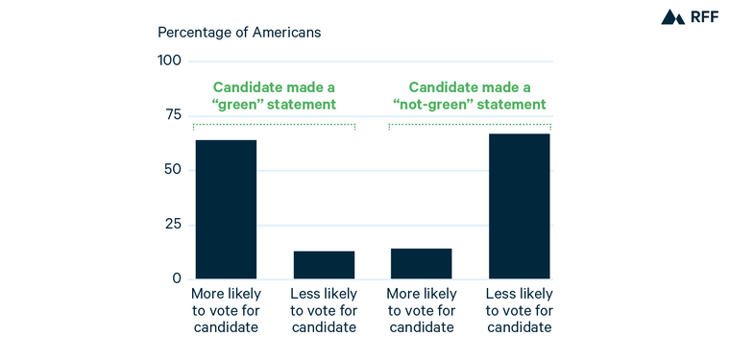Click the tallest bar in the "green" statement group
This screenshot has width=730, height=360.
[226, 209]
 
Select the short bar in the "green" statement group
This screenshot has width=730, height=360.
[324, 265]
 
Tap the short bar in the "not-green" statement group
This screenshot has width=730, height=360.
[421, 264]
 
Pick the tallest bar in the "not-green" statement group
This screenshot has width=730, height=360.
[519, 206]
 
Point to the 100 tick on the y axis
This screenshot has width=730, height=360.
[169, 61]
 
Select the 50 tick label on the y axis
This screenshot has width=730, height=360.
[172, 170]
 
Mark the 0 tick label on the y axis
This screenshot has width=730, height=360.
[177, 278]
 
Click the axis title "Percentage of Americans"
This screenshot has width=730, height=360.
[239, 32]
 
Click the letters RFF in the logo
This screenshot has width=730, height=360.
[703, 17]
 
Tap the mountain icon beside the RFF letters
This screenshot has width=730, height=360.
[672, 17]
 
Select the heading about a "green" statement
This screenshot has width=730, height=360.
[274, 95]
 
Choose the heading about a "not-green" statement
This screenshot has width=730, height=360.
[470, 95]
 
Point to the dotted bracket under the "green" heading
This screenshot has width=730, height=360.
[274, 125]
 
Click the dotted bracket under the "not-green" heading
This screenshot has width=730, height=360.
[470, 125]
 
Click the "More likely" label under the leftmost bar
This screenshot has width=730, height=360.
[226, 310]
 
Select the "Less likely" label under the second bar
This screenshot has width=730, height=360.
[324, 310]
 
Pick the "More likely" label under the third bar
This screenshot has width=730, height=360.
[421, 310]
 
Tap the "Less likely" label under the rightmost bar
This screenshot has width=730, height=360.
[519, 310]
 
